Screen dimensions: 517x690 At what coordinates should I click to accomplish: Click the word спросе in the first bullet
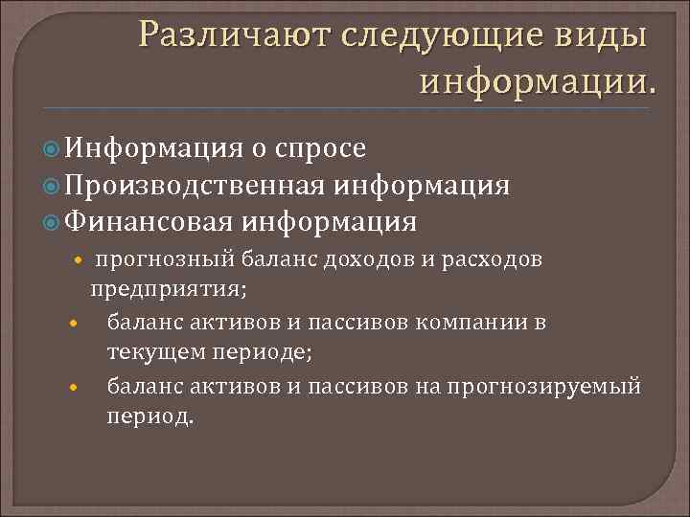pyautogui.click(x=319, y=148)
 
